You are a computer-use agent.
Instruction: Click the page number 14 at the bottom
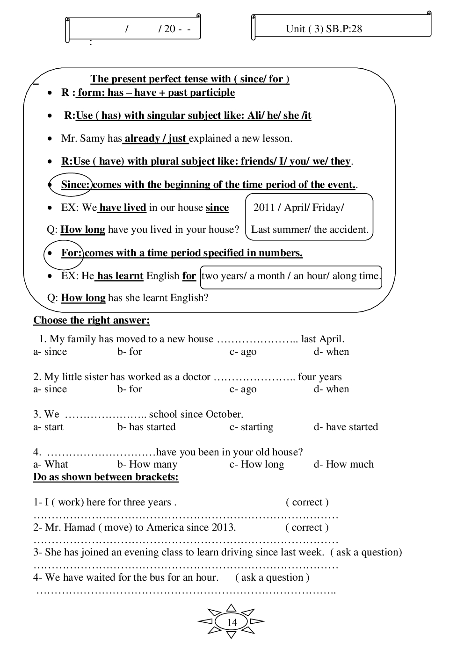click(x=232, y=622)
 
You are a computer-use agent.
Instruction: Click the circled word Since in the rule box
click(x=75, y=185)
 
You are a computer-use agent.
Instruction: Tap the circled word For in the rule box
click(x=71, y=253)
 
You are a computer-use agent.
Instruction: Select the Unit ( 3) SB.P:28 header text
click(x=324, y=29)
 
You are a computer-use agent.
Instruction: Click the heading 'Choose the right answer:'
click(x=91, y=320)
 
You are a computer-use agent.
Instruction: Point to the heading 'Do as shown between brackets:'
click(x=106, y=477)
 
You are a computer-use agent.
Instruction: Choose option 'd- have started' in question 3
click(x=346, y=427)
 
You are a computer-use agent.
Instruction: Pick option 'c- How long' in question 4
click(x=256, y=464)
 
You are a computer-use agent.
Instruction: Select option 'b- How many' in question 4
click(x=147, y=464)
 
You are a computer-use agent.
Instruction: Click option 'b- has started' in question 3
click(x=146, y=427)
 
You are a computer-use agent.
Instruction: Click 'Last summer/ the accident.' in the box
click(x=310, y=230)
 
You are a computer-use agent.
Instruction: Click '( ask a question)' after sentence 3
click(x=366, y=552)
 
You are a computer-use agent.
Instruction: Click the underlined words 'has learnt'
click(x=120, y=276)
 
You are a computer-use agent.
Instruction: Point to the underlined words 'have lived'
click(x=123, y=208)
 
